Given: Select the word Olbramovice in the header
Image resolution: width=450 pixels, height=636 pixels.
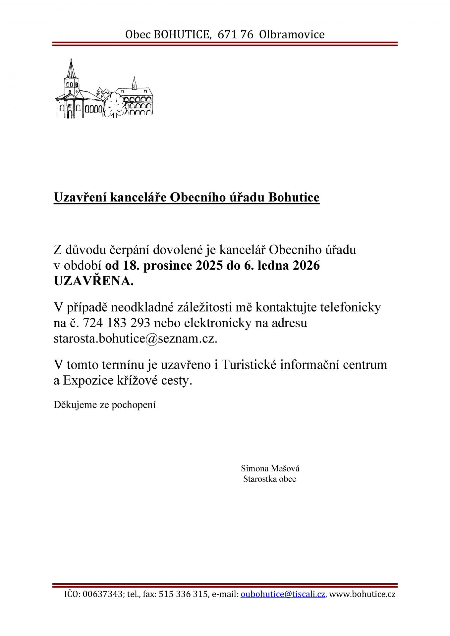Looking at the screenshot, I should (292, 34).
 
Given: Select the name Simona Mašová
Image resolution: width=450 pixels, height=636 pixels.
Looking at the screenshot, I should (270, 468).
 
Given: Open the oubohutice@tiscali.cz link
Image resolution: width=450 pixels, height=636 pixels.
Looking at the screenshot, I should (283, 594).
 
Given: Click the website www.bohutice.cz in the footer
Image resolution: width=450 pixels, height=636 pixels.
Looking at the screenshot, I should (363, 594).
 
